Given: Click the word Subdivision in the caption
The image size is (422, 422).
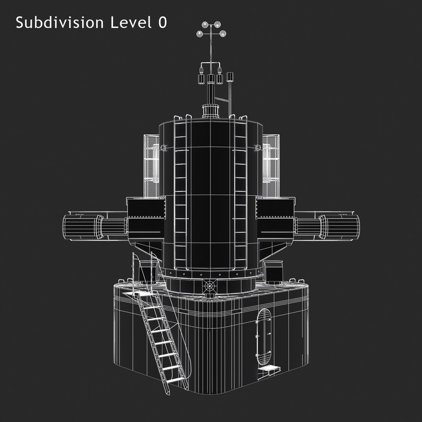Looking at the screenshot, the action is click(59, 22).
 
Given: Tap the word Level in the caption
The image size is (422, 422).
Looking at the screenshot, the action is click(131, 22).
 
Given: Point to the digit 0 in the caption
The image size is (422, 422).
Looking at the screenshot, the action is click(163, 23).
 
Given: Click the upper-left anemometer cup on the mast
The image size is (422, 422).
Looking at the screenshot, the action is click(205, 25).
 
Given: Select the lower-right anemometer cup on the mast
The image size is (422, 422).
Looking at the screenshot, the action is click(223, 34).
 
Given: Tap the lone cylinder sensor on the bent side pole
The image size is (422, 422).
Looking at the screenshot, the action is click(230, 77).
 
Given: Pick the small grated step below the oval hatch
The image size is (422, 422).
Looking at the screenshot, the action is click(268, 368).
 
